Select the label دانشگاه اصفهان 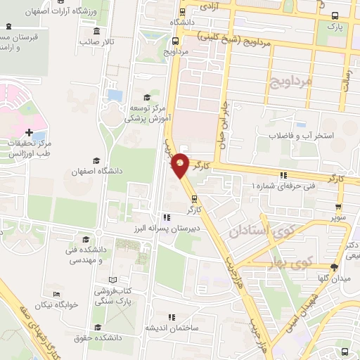(x=96, y=172)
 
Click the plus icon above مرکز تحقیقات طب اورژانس (x=28, y=132)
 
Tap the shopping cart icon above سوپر (x=339, y=207)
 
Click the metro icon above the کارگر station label (x=195, y=198)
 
